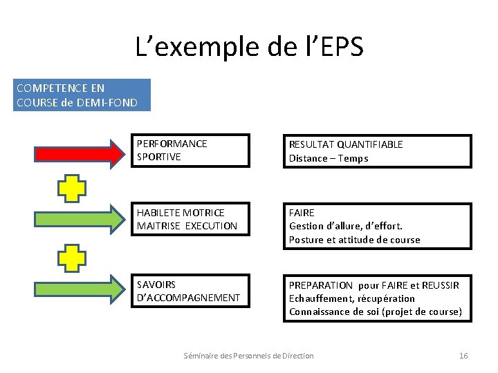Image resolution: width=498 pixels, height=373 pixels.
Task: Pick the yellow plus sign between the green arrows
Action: coord(71,258)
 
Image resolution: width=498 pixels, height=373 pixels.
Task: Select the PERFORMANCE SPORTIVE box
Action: coord(190,151)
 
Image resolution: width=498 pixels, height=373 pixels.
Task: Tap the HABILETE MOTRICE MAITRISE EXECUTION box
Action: coord(190,220)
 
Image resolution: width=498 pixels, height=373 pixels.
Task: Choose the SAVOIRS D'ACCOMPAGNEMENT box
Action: coord(190,291)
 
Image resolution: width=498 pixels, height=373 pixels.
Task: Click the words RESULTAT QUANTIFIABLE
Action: coord(346,144)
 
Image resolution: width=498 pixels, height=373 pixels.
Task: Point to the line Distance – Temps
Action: coord(329,158)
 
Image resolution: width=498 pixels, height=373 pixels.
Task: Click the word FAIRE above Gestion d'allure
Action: coord(302,213)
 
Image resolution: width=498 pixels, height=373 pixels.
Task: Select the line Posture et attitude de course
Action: coord(354,240)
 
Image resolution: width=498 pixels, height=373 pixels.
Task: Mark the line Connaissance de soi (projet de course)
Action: coord(375,312)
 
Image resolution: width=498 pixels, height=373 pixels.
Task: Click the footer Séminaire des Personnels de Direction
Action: coord(248,356)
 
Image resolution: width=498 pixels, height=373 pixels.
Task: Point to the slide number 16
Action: coord(463,356)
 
